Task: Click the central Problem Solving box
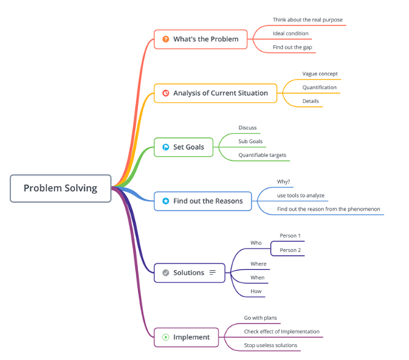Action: [x=61, y=188]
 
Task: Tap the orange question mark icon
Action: [x=165, y=39]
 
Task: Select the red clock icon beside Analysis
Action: [x=165, y=93]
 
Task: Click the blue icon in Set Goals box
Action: [x=165, y=147]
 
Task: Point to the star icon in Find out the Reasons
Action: [x=165, y=201]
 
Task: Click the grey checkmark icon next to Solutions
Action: [x=165, y=273]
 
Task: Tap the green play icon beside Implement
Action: [x=165, y=337]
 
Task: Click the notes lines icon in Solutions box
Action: [x=213, y=272]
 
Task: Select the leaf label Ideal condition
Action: [x=291, y=33]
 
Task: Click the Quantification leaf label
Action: [x=320, y=87]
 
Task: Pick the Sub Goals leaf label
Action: [x=250, y=142]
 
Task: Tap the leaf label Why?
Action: [x=283, y=181]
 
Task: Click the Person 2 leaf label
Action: [x=290, y=250]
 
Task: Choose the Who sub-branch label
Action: [x=256, y=243]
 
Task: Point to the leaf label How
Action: [x=256, y=291]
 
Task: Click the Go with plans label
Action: [x=261, y=318]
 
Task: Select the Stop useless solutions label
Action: [x=270, y=345]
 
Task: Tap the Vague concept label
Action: [x=320, y=74]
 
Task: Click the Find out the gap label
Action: [x=292, y=47]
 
